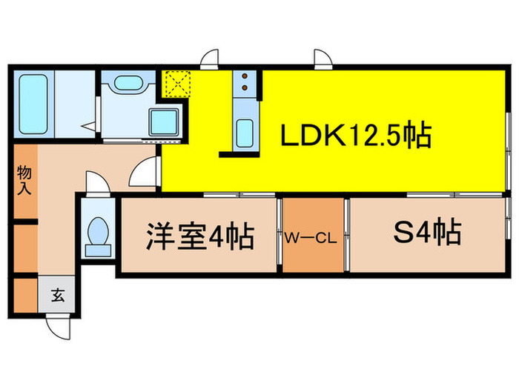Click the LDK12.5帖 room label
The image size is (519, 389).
(x=356, y=135)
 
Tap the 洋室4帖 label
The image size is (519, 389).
(x=200, y=236)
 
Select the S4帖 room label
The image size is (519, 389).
(x=427, y=231)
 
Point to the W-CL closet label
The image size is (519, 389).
(x=311, y=238)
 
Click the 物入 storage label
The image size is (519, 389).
(x=24, y=180)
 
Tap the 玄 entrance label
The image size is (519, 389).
(x=58, y=295)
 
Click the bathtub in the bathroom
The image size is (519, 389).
(x=33, y=104)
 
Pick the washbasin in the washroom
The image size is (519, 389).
(x=128, y=83)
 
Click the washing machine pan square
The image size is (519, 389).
(x=164, y=122)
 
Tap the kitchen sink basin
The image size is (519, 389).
(x=245, y=133)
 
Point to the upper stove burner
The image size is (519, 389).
(x=245, y=76)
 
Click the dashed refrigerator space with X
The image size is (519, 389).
(x=178, y=84)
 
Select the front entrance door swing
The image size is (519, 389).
(x=59, y=328)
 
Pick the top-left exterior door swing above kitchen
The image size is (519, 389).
(x=210, y=59)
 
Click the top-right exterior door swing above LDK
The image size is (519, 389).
(x=323, y=59)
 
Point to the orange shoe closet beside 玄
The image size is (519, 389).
(x=25, y=296)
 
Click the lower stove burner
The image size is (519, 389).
(x=245, y=87)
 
